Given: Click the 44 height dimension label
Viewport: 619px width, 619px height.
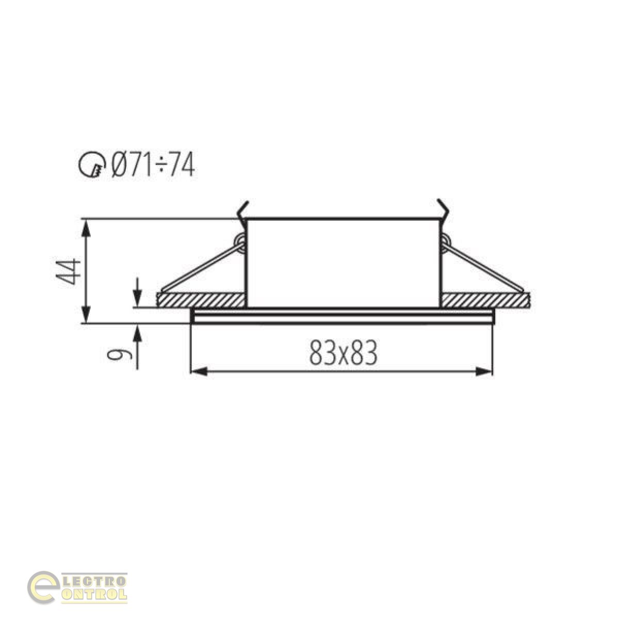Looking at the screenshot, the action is tap(68, 271).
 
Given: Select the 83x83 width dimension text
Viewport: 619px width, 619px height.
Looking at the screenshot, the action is tap(343, 352).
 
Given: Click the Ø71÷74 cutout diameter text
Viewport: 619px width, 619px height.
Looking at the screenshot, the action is tap(153, 165).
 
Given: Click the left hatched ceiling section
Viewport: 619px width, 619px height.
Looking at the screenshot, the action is tap(201, 300).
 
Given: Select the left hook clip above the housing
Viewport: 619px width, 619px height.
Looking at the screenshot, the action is tap(242, 211).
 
